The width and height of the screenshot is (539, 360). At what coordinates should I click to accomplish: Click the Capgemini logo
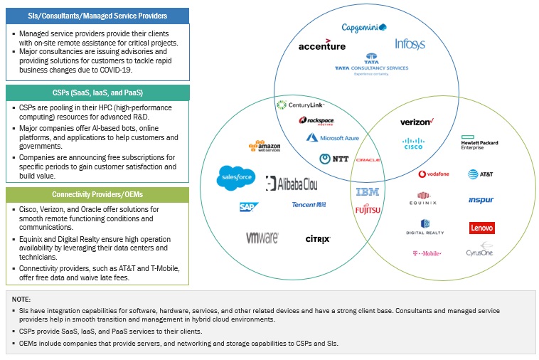(x=363, y=28)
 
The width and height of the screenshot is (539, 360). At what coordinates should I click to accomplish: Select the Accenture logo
(x=321, y=46)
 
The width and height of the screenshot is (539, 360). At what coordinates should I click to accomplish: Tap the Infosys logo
(x=410, y=44)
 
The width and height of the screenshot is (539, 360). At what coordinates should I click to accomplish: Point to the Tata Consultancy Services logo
(x=371, y=64)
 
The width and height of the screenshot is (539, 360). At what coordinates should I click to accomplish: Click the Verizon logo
(x=417, y=122)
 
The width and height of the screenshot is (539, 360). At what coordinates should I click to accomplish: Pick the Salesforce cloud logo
(x=236, y=177)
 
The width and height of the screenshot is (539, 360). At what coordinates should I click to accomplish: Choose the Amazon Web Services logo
(x=264, y=145)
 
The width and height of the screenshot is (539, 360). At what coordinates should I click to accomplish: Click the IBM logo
(x=368, y=192)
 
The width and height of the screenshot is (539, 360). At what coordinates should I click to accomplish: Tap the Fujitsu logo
(x=368, y=209)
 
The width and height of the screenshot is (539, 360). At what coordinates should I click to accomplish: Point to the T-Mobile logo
(x=427, y=253)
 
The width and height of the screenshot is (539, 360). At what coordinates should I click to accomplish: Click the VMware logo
(x=262, y=238)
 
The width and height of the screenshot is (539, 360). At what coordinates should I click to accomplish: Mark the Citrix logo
(x=317, y=240)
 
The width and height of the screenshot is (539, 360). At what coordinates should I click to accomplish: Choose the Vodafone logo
(x=434, y=174)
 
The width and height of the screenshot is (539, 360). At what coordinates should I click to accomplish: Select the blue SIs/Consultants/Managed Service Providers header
(x=97, y=16)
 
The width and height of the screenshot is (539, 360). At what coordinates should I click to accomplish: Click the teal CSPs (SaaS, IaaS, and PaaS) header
(x=97, y=92)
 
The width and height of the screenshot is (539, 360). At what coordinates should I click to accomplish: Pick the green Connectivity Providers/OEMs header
(x=97, y=194)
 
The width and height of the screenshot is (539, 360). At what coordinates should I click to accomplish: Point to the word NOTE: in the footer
(x=22, y=300)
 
